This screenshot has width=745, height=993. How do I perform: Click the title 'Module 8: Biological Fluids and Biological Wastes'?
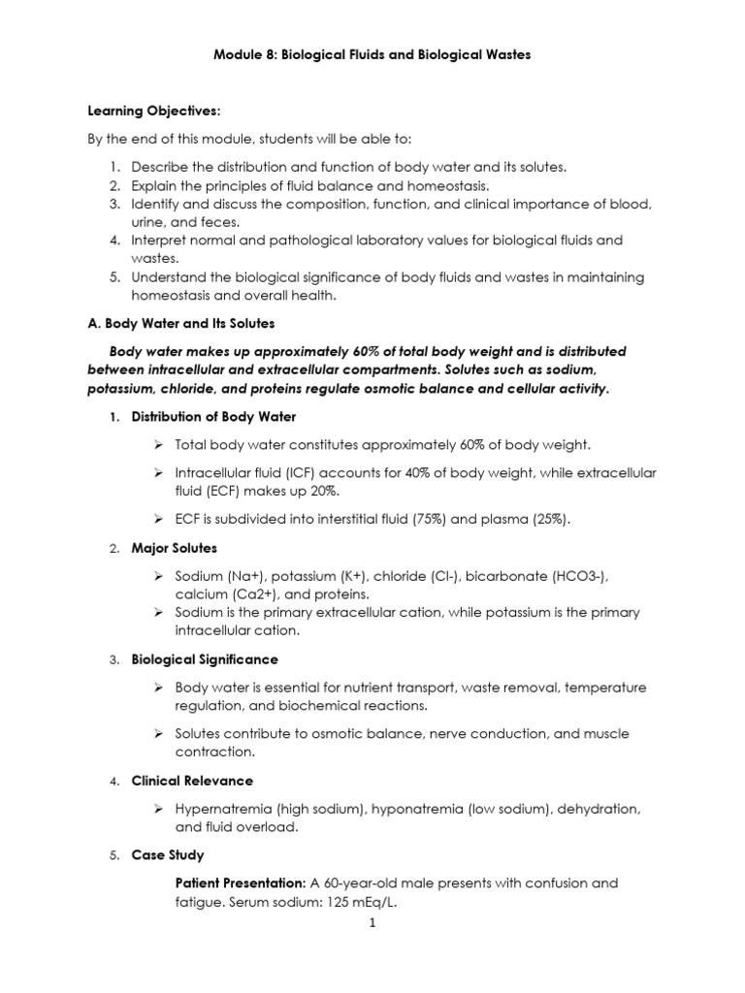click(x=372, y=55)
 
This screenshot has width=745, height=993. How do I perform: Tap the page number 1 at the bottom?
click(x=372, y=923)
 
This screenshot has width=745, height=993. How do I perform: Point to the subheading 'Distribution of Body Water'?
click(x=213, y=417)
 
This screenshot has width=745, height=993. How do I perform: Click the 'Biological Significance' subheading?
click(x=205, y=659)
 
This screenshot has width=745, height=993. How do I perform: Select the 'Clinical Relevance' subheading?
click(x=192, y=781)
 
